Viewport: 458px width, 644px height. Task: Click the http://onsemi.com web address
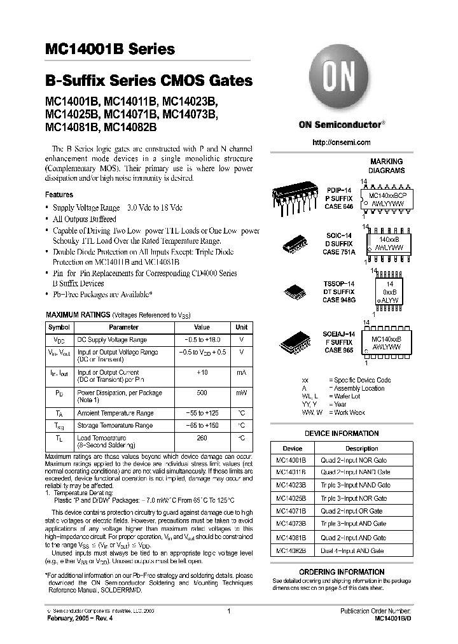coord(342,143)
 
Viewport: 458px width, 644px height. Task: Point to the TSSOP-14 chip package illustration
coord(296,291)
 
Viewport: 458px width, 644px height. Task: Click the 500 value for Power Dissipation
coord(202,393)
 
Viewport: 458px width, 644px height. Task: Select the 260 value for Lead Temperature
coord(202,438)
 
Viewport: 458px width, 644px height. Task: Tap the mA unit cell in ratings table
coord(242,373)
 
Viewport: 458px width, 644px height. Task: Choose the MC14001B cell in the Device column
coord(292,459)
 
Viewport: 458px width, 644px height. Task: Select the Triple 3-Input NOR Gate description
coord(354,498)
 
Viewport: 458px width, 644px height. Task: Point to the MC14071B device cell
coord(292,512)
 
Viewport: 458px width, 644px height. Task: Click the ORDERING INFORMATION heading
coord(342,572)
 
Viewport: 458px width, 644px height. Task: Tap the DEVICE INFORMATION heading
coord(342,433)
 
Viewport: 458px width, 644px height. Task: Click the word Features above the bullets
coord(59,195)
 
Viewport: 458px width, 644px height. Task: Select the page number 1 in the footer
coord(228,612)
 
